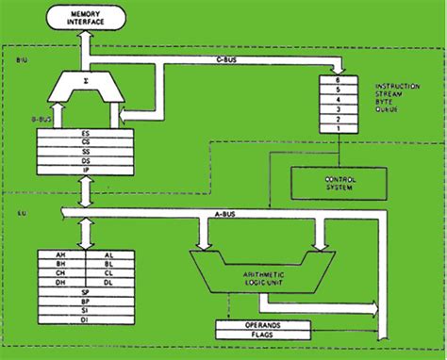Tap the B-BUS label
[27, 120]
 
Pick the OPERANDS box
[261, 323]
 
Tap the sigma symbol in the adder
[86, 82]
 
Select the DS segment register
[86, 161]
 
